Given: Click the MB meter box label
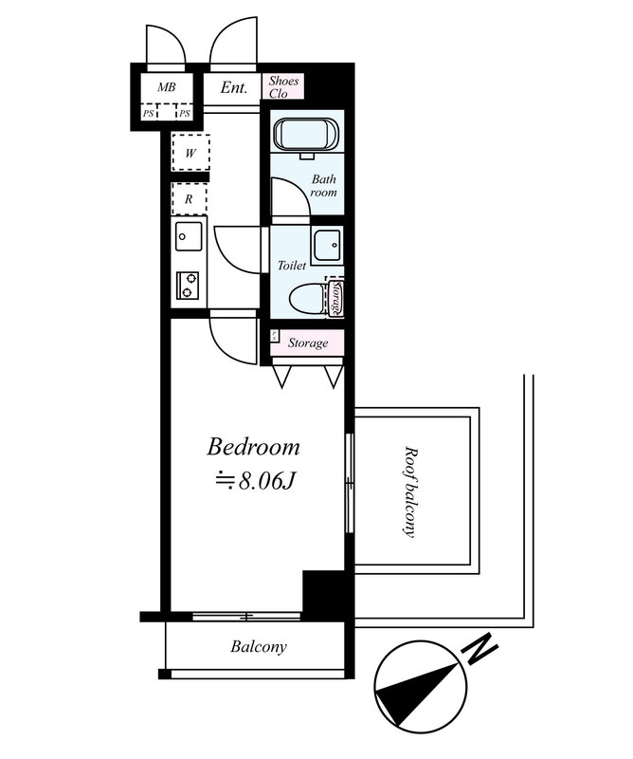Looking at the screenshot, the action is (x=167, y=87).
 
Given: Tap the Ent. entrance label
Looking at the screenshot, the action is (x=234, y=87).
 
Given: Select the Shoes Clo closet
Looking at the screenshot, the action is (x=283, y=86).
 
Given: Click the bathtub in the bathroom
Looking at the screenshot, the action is (x=306, y=134).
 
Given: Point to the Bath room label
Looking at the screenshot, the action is (x=323, y=186).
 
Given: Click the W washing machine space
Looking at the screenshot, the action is (x=190, y=153).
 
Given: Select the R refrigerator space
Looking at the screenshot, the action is (x=190, y=198).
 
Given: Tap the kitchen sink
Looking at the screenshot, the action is (x=190, y=236).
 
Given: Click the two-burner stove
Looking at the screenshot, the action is (x=188, y=286).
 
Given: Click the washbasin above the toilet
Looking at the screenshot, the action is (x=327, y=246).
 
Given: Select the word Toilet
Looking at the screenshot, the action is (x=292, y=266).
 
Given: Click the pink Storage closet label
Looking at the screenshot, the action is (x=308, y=343).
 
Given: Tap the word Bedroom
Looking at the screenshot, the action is (x=253, y=447).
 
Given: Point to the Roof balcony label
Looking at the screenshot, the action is (x=410, y=491).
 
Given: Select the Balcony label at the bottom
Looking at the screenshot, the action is (x=259, y=647).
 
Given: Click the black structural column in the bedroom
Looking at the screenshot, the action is (x=324, y=595).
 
